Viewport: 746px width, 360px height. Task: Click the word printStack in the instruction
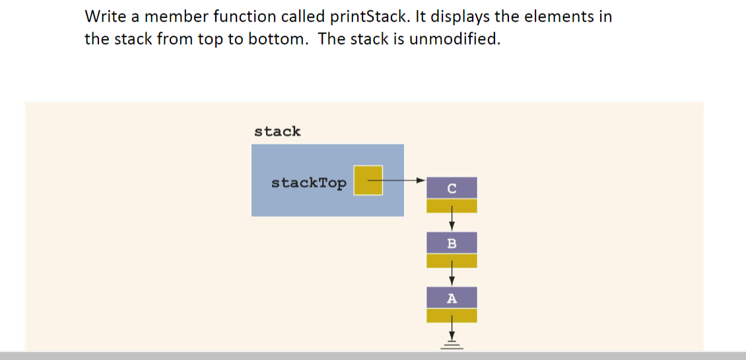[x=360, y=17]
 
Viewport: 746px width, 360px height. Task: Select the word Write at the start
[x=104, y=17]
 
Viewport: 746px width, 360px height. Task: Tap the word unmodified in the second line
[x=454, y=39]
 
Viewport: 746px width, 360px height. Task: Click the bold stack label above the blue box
[x=277, y=131]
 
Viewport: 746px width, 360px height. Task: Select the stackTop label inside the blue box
[x=308, y=183]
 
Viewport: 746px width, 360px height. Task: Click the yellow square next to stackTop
[x=368, y=181]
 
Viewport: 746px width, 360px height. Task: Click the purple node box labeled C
[x=452, y=188]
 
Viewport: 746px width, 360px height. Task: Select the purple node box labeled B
[x=452, y=243]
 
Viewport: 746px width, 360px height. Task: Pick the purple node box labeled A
[x=452, y=298]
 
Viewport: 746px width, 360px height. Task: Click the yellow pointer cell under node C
[x=452, y=206]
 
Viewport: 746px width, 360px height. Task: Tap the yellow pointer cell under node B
[x=452, y=261]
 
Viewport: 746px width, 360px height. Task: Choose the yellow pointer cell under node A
[x=452, y=315]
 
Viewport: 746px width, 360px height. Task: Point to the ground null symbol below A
[x=452, y=342]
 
